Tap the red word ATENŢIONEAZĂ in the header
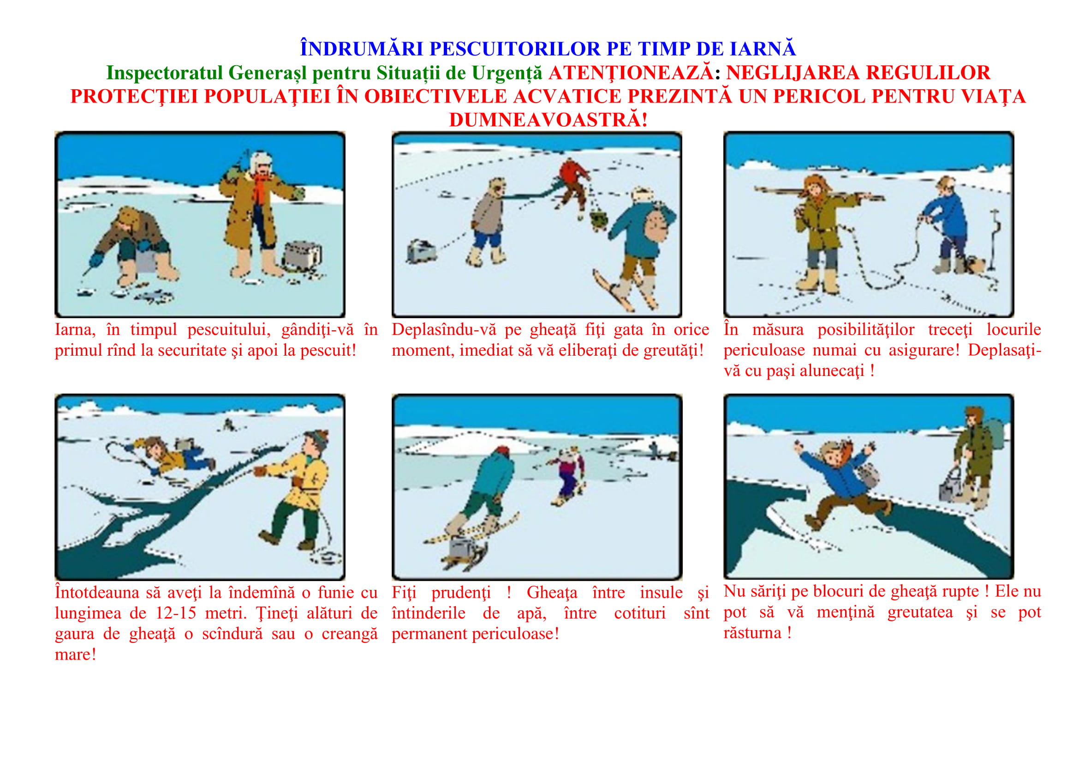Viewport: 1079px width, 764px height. (631, 73)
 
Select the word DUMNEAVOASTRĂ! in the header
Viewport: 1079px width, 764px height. (548, 120)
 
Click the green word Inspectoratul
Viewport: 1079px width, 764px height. (165, 73)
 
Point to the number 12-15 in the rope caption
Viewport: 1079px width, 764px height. (176, 613)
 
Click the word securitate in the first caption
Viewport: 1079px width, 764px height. (187, 351)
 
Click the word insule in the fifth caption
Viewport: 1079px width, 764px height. (661, 592)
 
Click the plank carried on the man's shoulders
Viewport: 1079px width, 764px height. (818, 193)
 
